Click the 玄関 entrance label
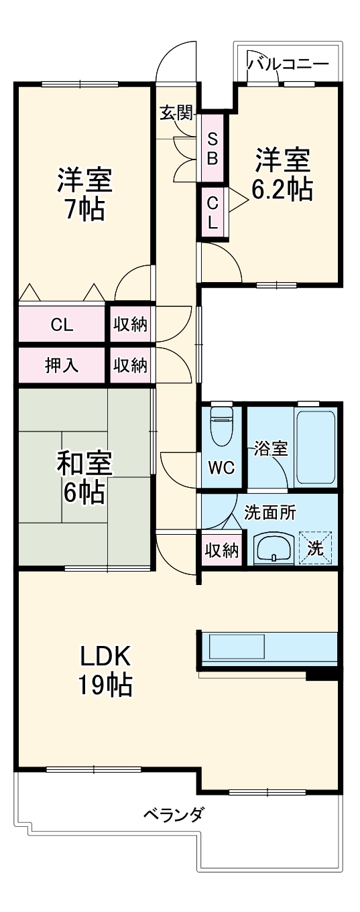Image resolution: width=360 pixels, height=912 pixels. coord(176,113)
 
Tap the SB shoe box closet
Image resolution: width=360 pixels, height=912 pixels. coord(212,148)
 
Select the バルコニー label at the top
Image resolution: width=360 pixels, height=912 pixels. coord(288,64)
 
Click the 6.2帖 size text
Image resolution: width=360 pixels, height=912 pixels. coord(282,190)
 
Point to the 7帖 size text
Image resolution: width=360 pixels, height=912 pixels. coord(84,210)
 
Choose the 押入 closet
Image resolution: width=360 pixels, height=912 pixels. coord(62,365)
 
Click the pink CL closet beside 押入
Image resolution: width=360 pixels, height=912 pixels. coord(62,325)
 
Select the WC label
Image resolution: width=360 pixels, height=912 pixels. coord(221,468)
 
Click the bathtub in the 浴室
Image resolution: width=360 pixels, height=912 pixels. coord(314,446)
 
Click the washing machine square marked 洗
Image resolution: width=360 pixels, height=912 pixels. coord(315,547)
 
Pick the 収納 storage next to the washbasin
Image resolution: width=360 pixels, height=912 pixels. coord(221,550)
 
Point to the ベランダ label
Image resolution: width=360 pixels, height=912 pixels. coord(174,816)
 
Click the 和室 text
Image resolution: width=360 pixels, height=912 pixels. coord(84,462)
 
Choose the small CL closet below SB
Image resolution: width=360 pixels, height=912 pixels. coord(212,212)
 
